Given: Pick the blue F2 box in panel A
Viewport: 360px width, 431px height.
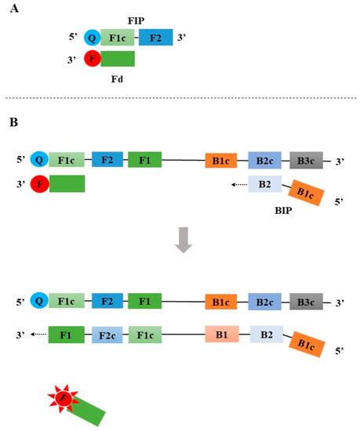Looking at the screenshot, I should [156, 36].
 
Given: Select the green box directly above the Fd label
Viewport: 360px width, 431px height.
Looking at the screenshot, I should [118, 59].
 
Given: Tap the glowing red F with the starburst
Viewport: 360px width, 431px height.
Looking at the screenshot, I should [64, 400].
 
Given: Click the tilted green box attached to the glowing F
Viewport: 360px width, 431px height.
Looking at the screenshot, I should [89, 411].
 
